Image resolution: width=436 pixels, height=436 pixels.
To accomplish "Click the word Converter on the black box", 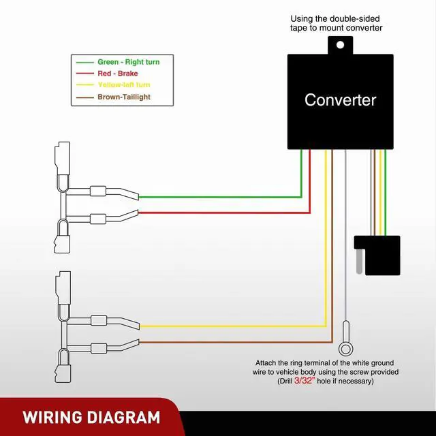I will (340, 100).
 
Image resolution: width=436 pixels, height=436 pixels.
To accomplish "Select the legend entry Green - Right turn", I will (128, 62).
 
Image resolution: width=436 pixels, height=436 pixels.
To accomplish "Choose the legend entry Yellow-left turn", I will (123, 84).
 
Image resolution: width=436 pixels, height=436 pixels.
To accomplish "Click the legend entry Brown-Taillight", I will (123, 97).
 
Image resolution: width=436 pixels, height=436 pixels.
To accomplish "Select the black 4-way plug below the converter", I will (377, 253).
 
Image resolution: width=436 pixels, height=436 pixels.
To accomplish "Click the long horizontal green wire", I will (218, 197).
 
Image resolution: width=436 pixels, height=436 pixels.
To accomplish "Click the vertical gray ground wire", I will (347, 238).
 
